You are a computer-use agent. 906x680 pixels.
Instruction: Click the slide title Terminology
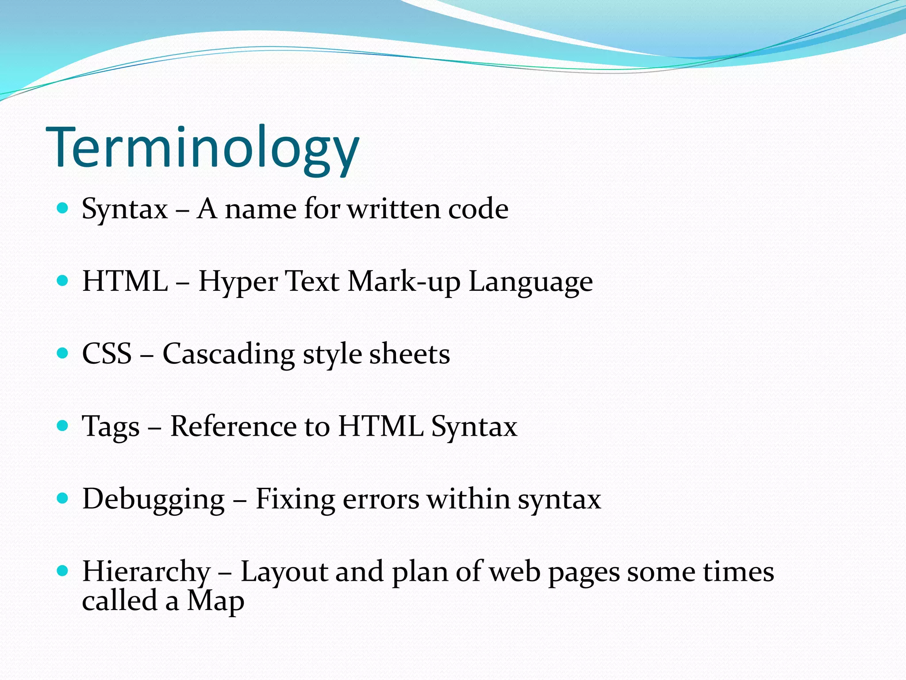pos(203,148)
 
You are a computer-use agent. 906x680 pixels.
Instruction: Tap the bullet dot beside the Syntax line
pos(63,208)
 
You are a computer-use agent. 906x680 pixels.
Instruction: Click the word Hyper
pos(238,282)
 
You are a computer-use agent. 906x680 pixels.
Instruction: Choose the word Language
pos(530,282)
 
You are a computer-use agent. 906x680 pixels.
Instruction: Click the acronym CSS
pos(107,354)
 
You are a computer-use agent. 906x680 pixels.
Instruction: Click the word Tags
pos(111,427)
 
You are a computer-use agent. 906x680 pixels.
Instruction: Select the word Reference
pos(233,426)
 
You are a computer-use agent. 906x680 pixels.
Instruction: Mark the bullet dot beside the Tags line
pos(63,426)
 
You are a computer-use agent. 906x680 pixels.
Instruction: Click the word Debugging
pos(154,500)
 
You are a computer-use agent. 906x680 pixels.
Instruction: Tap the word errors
pos(380,500)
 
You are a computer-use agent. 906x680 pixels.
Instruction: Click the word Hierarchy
pos(146,572)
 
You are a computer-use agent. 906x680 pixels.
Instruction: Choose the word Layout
pos(284,572)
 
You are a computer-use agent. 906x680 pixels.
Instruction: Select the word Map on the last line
pos(215,602)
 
